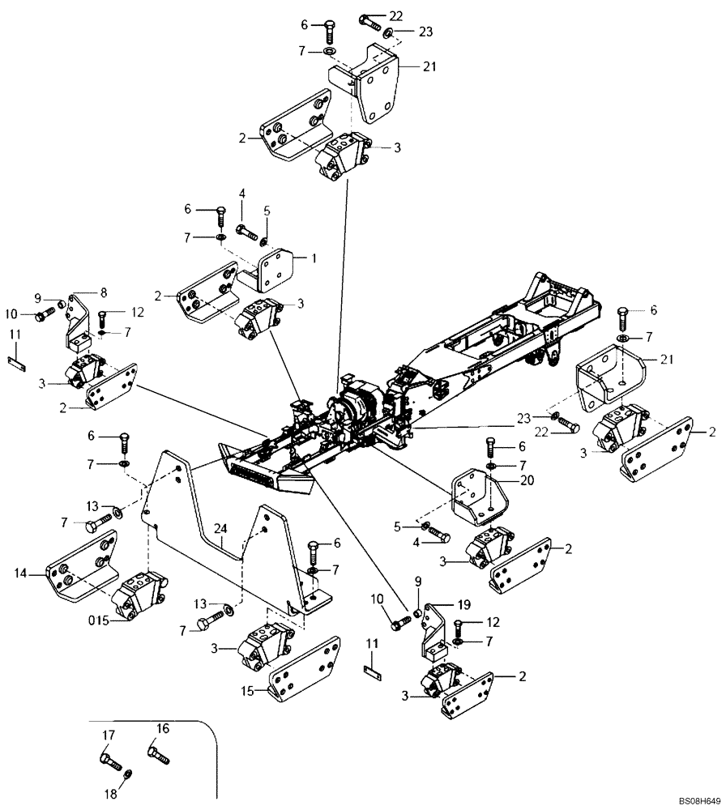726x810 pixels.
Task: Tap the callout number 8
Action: coord(103,292)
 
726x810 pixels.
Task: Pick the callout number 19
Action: coord(463,603)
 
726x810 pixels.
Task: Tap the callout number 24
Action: coord(220,529)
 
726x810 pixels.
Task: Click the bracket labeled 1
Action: coord(271,267)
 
